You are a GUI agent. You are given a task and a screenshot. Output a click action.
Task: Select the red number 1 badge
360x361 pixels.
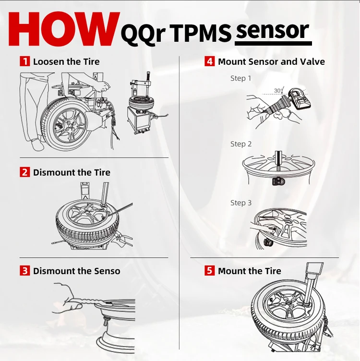point(24,61)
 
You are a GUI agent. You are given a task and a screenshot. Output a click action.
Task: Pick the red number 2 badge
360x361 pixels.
point(24,172)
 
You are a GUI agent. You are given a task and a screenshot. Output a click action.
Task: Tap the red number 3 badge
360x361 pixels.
point(24,271)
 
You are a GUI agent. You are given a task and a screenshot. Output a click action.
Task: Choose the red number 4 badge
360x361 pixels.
point(209,61)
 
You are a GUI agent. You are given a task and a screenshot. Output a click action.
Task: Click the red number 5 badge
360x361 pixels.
point(209,271)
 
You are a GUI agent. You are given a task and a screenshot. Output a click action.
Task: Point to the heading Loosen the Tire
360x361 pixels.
point(66,61)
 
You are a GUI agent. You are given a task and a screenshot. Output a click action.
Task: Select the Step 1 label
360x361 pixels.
point(240,78)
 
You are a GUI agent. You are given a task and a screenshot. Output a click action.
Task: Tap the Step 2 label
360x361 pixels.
point(240,144)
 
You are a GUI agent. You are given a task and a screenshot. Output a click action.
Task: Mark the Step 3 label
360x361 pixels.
point(240,203)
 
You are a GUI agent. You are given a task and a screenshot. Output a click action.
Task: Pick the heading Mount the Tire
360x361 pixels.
point(250,271)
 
